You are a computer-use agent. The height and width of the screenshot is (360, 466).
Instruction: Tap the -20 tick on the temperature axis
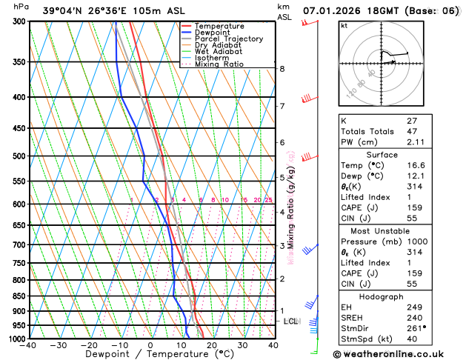click(x=89, y=345)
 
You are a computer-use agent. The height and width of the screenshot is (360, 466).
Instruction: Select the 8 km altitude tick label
click(x=282, y=69)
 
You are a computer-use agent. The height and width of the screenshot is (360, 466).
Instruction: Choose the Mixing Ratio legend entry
click(x=217, y=64)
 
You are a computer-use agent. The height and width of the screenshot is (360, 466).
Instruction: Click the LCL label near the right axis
click(x=291, y=321)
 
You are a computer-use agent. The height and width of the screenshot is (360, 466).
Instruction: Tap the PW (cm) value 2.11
click(x=436, y=142)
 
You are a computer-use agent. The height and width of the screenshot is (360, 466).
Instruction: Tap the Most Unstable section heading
click(x=393, y=230)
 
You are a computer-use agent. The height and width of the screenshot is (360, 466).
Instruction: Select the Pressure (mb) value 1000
click(x=437, y=241)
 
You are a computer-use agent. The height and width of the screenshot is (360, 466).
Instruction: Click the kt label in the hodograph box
click(x=344, y=26)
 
